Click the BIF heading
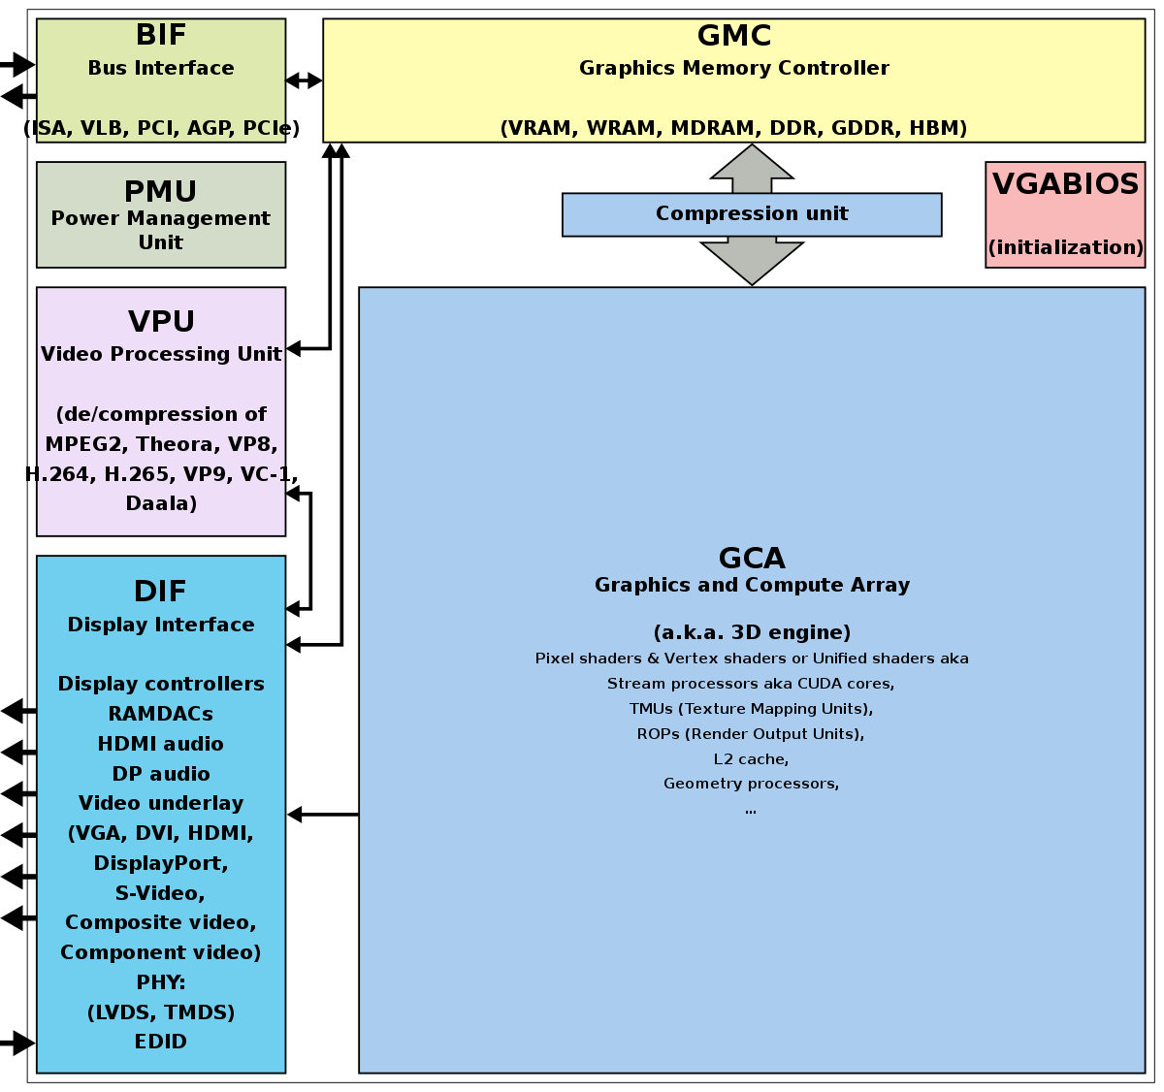point(161,36)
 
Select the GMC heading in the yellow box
point(734,37)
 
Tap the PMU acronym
point(161,192)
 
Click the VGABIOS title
point(1065,184)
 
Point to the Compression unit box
point(752,214)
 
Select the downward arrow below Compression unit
point(752,260)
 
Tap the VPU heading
point(161,322)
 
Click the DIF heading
point(161,592)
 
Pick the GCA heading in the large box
point(752,559)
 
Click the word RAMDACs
point(161,714)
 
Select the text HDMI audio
point(161,744)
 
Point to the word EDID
point(161,1042)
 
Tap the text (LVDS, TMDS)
point(161,1012)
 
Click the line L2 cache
point(751,758)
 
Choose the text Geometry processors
point(751,784)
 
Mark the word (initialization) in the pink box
point(1065,247)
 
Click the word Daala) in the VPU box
point(161,503)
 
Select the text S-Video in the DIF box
point(161,893)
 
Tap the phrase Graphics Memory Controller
point(734,68)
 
